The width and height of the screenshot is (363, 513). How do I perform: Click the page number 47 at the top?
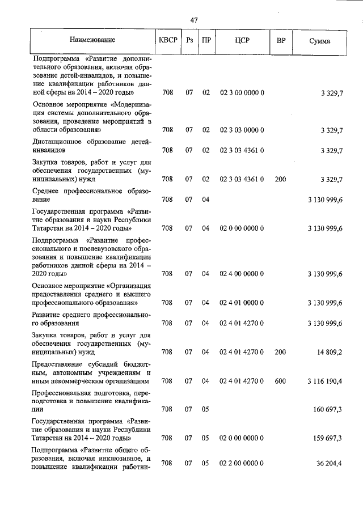click(194, 20)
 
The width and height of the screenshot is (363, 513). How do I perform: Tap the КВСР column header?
click(167, 40)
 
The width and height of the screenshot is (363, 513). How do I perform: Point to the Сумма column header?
click(320, 41)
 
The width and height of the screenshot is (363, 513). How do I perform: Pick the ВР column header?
click(280, 40)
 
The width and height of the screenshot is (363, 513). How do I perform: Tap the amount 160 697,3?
click(327, 409)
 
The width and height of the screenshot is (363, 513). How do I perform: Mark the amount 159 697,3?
click(327, 438)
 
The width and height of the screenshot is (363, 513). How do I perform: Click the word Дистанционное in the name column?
click(59, 142)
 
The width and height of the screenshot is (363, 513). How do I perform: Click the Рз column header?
click(189, 40)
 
